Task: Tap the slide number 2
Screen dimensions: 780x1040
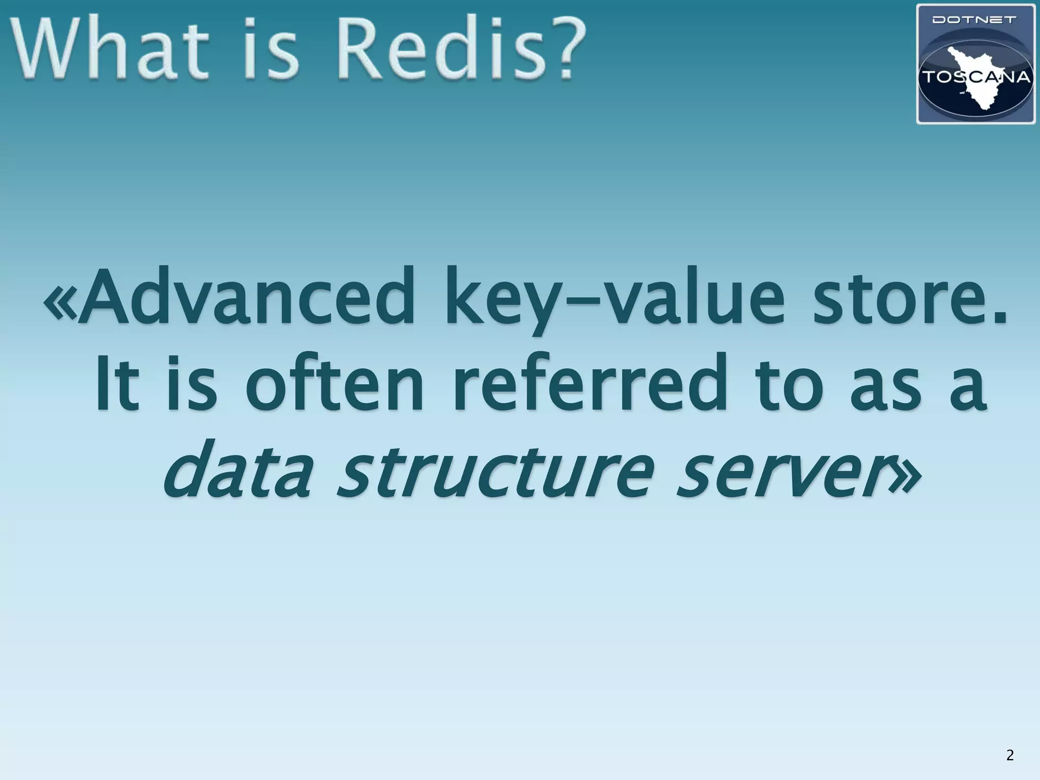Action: [1010, 755]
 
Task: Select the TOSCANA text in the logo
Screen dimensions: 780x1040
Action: [976, 77]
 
